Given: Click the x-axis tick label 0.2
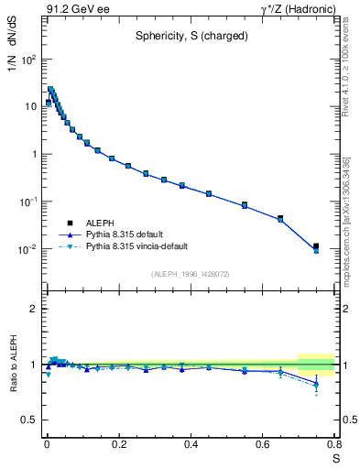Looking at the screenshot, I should (x=118, y=444).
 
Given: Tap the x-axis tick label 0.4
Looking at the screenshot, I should (x=191, y=444).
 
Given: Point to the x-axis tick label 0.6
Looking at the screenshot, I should (x=263, y=444).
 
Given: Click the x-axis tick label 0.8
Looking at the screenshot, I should (x=333, y=444).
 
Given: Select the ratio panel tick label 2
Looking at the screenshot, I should (x=34, y=310).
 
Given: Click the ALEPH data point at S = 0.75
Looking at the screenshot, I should (x=316, y=246).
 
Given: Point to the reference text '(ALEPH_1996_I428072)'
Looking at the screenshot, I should (x=191, y=274).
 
